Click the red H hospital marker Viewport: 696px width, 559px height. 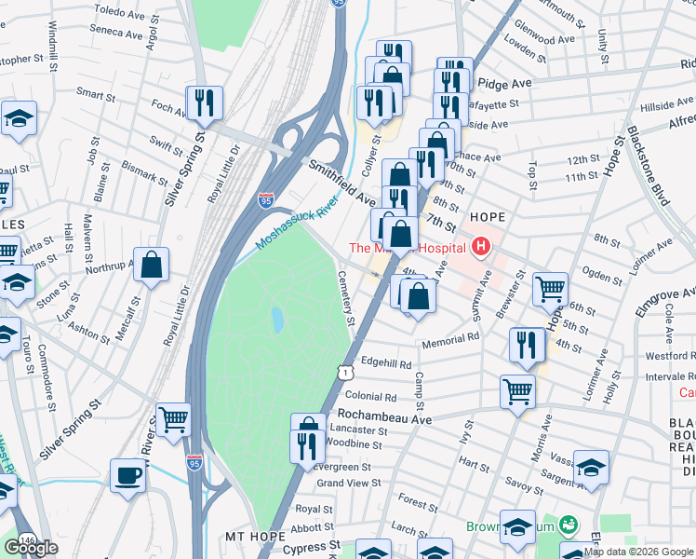click(481, 247)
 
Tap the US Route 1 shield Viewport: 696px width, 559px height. click(346, 372)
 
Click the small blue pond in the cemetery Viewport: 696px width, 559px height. click(277, 320)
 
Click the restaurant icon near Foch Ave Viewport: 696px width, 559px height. click(205, 103)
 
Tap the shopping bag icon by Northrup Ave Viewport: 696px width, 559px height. click(151, 266)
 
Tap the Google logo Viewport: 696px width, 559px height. click(32, 548)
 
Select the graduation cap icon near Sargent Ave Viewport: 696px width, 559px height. click(591, 468)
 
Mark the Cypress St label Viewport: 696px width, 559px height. click(312, 547)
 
